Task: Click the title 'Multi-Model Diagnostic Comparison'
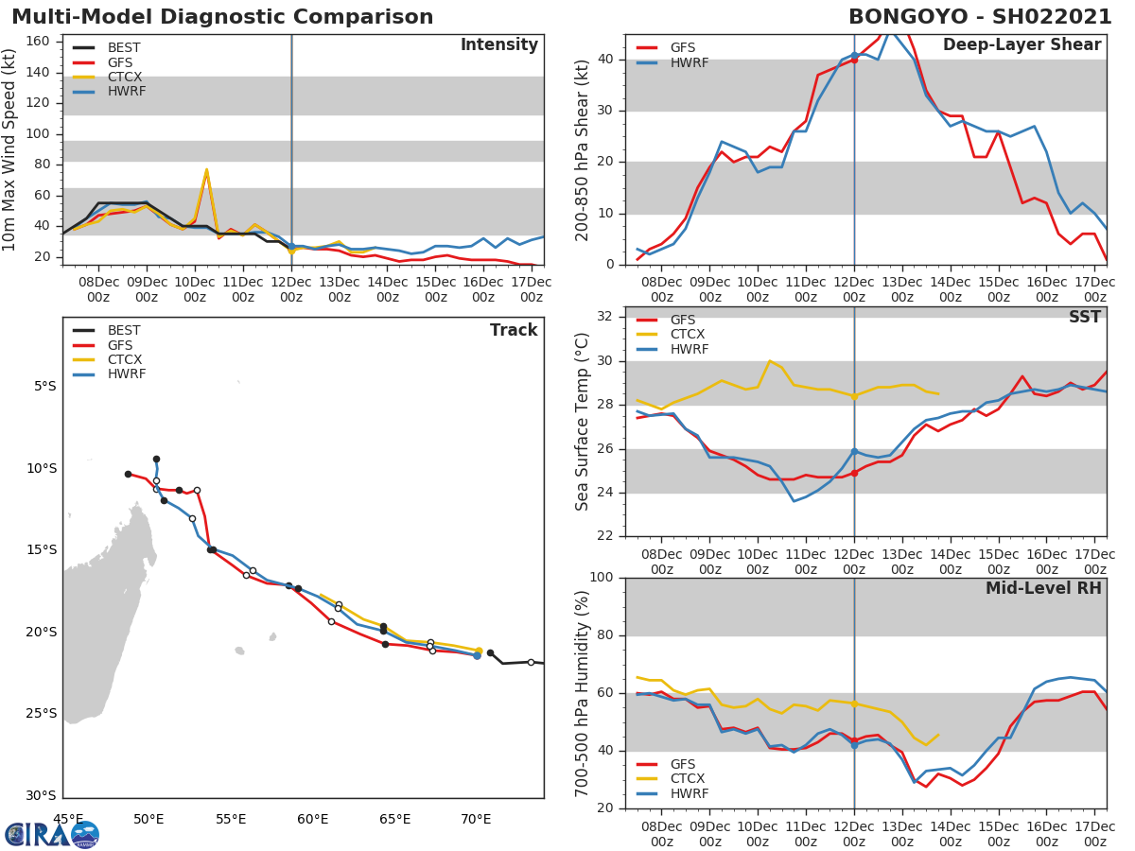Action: pyautogui.click(x=222, y=18)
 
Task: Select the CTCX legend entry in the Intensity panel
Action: pyautogui.click(x=124, y=77)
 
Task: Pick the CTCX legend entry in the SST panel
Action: pyautogui.click(x=687, y=335)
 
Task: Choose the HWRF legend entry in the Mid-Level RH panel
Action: pyautogui.click(x=687, y=793)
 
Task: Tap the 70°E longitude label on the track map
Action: pyautogui.click(x=477, y=819)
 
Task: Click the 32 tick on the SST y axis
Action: pyautogui.click(x=606, y=317)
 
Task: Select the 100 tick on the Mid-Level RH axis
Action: pyautogui.click(x=602, y=578)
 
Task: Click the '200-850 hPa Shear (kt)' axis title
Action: pyautogui.click(x=583, y=149)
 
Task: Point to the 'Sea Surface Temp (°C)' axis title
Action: pyautogui.click(x=583, y=421)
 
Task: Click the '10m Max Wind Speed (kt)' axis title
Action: pyautogui.click(x=9, y=149)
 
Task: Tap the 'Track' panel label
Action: pyautogui.click(x=513, y=330)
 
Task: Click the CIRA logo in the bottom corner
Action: pyautogui.click(x=52, y=834)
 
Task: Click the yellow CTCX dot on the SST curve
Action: pyautogui.click(x=854, y=397)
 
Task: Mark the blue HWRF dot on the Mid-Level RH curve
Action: pyautogui.click(x=854, y=745)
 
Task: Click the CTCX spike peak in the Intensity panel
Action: pyautogui.click(x=206, y=170)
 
